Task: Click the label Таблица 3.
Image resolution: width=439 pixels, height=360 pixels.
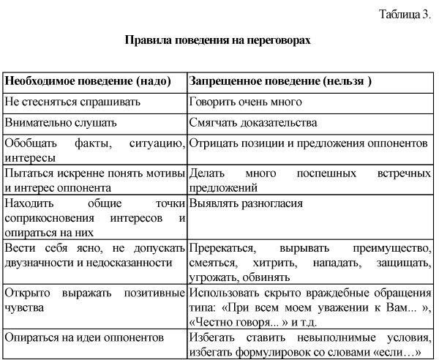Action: [405, 14]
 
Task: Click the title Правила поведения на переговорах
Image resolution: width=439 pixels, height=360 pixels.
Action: [218, 41]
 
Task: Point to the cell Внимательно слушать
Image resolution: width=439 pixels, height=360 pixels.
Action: [60, 123]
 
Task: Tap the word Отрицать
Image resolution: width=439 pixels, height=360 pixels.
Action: [212, 143]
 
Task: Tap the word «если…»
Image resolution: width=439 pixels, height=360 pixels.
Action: [394, 352]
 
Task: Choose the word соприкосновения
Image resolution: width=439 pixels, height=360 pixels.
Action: [48, 217]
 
